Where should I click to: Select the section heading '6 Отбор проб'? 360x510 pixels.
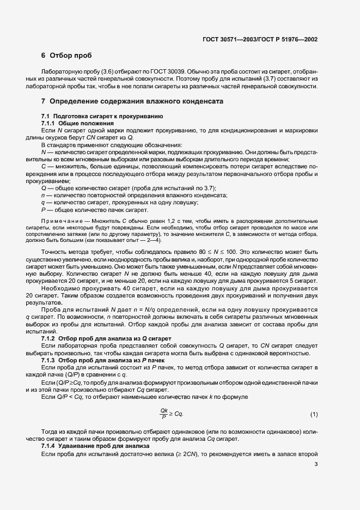click(x=66, y=56)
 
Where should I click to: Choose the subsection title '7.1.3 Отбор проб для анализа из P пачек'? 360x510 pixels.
click(x=96, y=360)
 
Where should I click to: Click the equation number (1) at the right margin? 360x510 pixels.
click(x=314, y=415)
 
